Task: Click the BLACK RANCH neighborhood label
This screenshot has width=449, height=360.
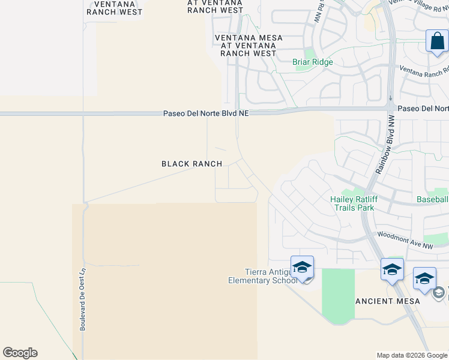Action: click(191, 164)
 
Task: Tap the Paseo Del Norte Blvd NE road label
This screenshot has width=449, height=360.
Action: click(205, 113)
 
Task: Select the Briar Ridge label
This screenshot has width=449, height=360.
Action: click(312, 62)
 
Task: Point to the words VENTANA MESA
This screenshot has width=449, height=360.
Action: click(249, 38)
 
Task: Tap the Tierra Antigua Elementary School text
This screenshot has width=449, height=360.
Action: click(262, 276)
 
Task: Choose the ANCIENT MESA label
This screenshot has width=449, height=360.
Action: click(384, 301)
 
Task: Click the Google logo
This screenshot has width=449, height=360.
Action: click(20, 353)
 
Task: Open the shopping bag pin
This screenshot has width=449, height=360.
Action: click(437, 42)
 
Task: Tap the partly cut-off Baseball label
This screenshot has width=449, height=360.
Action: click(433, 199)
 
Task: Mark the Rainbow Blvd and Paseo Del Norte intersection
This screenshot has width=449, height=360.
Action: click(390, 108)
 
